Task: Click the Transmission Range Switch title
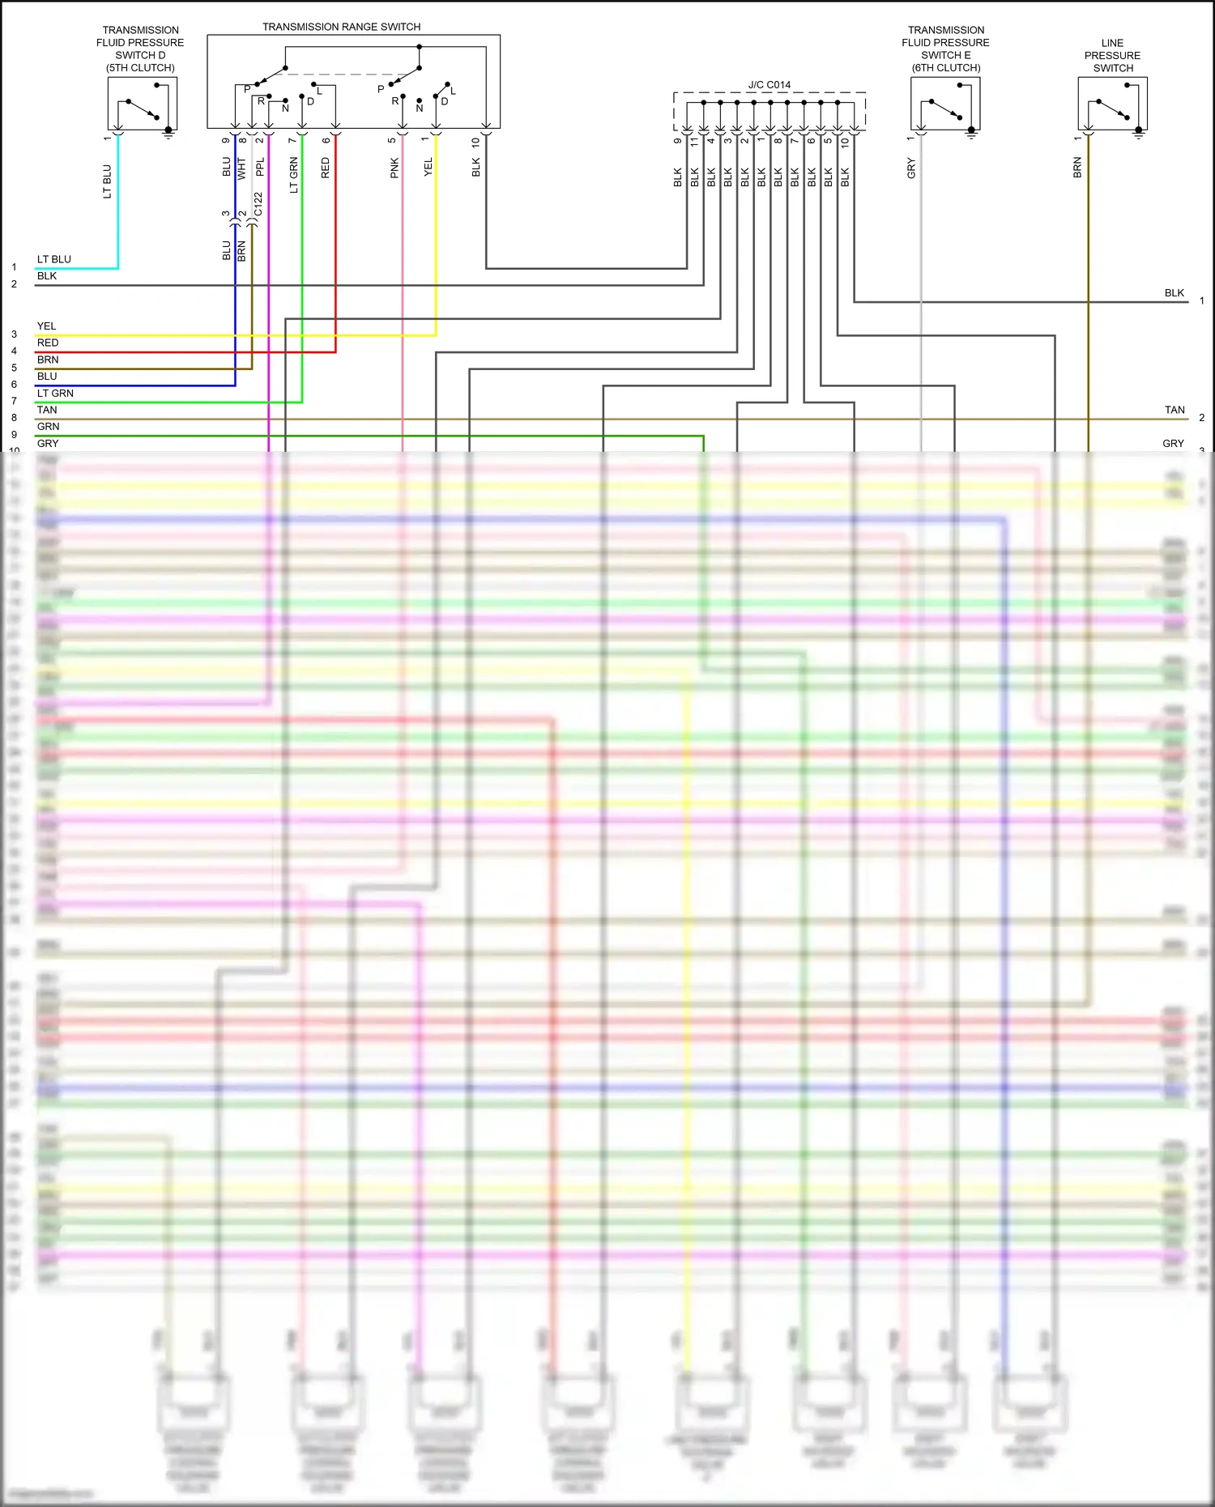click(341, 27)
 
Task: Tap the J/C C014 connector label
click(769, 84)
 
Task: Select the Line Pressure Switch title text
click(1112, 55)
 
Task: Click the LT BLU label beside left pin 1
click(53, 259)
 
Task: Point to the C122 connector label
click(258, 203)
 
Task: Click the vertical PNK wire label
click(394, 168)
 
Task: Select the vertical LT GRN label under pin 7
click(293, 175)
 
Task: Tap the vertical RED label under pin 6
click(326, 168)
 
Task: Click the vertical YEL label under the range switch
click(428, 167)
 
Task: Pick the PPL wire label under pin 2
click(260, 167)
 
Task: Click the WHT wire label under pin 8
click(241, 168)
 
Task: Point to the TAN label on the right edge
click(1174, 410)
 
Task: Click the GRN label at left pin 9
click(48, 427)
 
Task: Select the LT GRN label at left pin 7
click(55, 393)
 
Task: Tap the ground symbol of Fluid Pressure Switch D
click(168, 134)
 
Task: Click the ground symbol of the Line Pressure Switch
click(1138, 134)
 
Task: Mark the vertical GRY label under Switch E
click(911, 168)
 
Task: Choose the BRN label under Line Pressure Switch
click(1077, 168)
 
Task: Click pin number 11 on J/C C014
click(694, 141)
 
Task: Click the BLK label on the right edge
click(1174, 293)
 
